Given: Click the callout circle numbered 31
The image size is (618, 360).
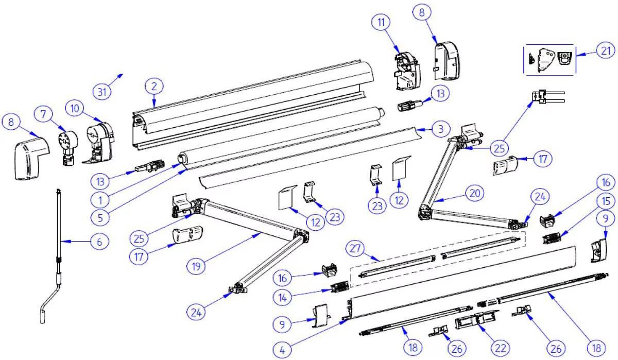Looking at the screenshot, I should tap(103, 92).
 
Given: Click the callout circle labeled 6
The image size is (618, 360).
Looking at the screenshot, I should tap(99, 241).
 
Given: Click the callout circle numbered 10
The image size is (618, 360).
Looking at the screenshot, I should tap(76, 108).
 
